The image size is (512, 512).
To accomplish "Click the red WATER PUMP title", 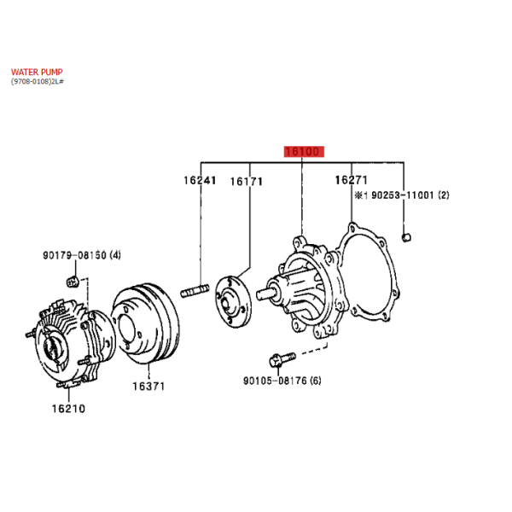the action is point(37,72).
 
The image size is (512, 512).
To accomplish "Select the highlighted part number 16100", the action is point(304,152).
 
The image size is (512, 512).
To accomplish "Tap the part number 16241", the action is point(200,180).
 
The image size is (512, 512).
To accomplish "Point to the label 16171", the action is point(247,181).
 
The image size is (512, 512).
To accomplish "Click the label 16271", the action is point(352,179).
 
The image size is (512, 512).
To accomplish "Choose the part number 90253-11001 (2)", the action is point(410,195).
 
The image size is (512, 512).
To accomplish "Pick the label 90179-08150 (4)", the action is point(82,255).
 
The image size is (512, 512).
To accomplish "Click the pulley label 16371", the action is point(148,387).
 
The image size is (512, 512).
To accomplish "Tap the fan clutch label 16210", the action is point(68,409).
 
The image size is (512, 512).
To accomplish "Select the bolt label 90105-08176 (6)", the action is point(282,381).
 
